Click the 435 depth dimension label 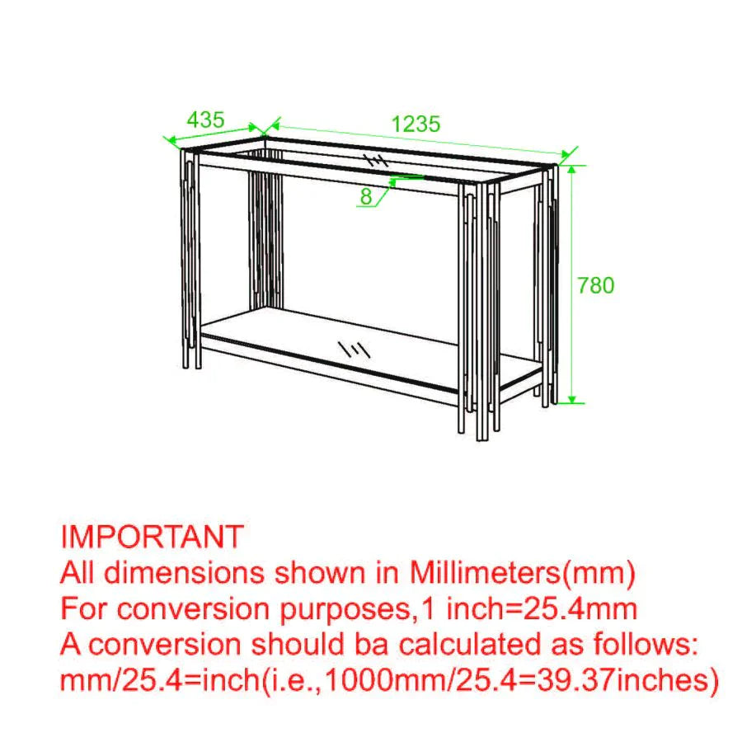pos(205,119)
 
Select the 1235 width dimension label pos(416,124)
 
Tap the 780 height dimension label pos(595,285)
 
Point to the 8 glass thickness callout pos(366,196)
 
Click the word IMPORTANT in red pos(152,537)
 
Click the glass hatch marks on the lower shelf pos(355,349)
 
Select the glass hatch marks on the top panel pos(375,159)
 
